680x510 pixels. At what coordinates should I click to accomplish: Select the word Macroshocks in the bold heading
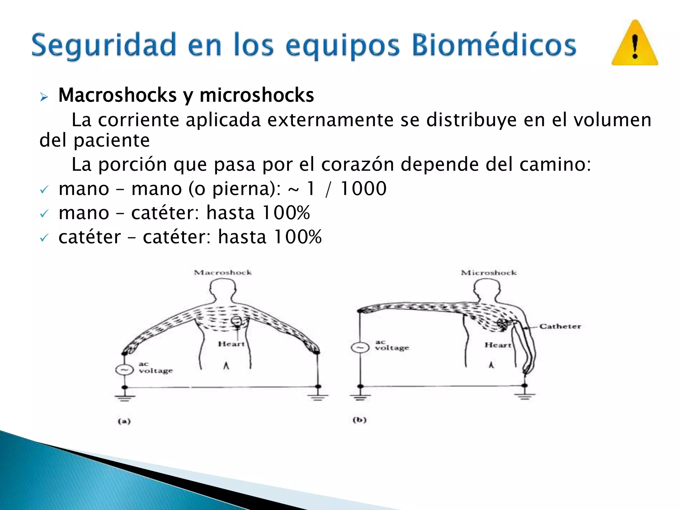coord(118,95)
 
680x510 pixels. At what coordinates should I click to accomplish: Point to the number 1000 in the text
coord(364,189)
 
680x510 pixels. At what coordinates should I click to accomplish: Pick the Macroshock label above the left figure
coord(223,273)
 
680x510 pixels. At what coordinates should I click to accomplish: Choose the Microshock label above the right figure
coord(489,273)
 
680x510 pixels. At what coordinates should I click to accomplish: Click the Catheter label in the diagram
coord(560,326)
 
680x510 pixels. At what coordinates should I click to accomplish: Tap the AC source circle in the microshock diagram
coord(360,348)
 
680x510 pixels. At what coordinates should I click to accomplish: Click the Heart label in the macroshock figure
coord(231,344)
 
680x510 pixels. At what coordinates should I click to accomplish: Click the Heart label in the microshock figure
coord(498,345)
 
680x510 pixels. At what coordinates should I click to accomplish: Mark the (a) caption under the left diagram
coord(124,421)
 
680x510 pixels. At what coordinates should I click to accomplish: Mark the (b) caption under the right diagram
coord(359,420)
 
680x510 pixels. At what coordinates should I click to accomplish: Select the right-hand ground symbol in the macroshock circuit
coord(318,396)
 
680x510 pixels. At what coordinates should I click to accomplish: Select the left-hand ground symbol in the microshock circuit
coord(360,396)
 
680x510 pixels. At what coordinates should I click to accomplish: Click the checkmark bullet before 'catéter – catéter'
coord(44,238)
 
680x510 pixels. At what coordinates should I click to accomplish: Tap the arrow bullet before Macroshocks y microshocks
coord(44,97)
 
